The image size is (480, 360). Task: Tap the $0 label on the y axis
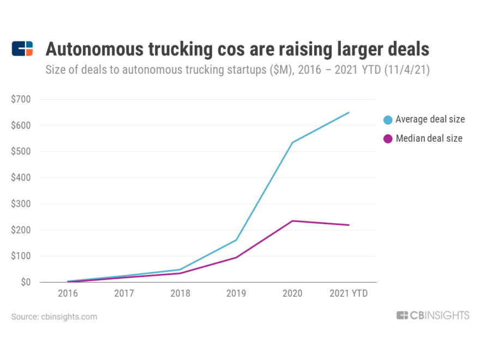coord(26,283)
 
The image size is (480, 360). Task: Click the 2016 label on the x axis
coord(68,293)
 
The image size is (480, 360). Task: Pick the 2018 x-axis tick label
coord(181,293)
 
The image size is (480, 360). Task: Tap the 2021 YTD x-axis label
coord(349,293)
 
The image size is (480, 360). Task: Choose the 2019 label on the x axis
coord(237,293)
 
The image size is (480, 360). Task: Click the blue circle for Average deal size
coord(388,120)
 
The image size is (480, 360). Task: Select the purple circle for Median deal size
coord(388,139)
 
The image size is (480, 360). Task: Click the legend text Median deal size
coord(429,139)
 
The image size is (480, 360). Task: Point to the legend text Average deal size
coord(430,120)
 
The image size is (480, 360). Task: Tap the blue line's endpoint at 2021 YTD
coord(349,112)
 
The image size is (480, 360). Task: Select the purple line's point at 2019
coord(237,257)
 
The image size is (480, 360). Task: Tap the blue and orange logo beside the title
coord(22,49)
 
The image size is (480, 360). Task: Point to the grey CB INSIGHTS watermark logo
coord(433,315)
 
